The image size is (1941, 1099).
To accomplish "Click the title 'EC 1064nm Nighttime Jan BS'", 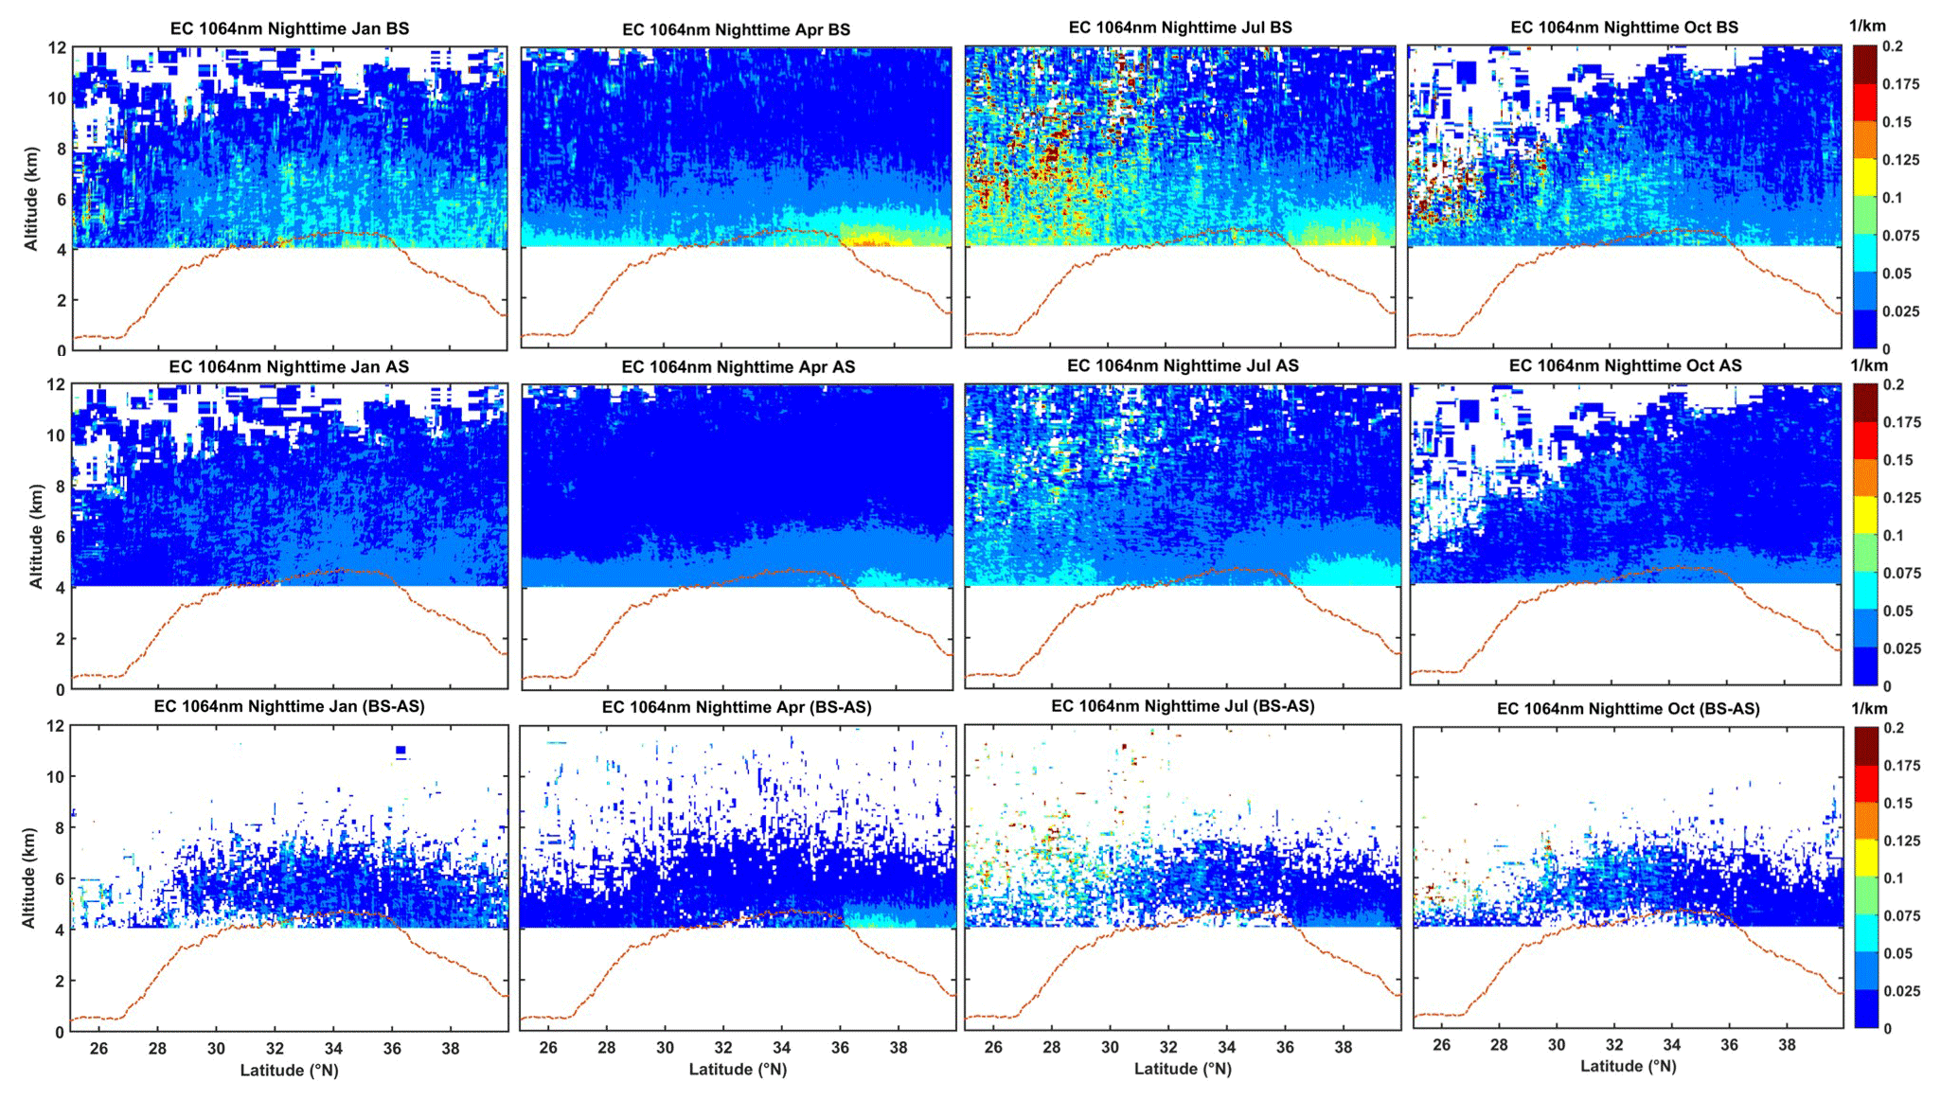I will pos(290,28).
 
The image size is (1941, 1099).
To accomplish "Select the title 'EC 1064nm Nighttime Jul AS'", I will pos(1183,365).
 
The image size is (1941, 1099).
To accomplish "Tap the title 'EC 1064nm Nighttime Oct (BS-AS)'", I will pos(1628,708).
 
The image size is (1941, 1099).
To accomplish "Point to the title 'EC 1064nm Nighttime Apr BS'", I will pos(736,29).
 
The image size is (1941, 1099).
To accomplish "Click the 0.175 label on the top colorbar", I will pos(1900,84).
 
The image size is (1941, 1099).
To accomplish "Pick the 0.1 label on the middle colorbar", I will pos(1892,536).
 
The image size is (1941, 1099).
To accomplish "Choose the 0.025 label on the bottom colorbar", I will pos(1901,991).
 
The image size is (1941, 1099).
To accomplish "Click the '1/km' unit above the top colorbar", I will pos(1868,27).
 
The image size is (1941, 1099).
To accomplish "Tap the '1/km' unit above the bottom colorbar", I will pos(1869,708).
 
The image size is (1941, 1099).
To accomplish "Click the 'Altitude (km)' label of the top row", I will pos(31,199).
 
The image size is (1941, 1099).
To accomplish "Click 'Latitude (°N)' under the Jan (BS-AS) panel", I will pos(289,1070).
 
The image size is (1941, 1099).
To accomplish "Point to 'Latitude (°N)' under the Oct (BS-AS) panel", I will pos(1628,1066).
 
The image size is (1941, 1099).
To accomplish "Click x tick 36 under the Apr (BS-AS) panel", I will pos(840,1048).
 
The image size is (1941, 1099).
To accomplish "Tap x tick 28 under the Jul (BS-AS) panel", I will pos(1052,1047).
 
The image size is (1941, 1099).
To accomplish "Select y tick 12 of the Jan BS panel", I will pos(58,47).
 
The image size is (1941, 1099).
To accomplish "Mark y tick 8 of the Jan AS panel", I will pos(61,487).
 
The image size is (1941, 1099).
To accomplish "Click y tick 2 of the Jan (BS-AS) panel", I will pos(61,982).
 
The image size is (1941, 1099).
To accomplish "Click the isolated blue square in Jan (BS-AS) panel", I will pos(401,750).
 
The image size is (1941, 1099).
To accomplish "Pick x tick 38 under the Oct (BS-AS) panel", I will pos(1787,1045).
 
